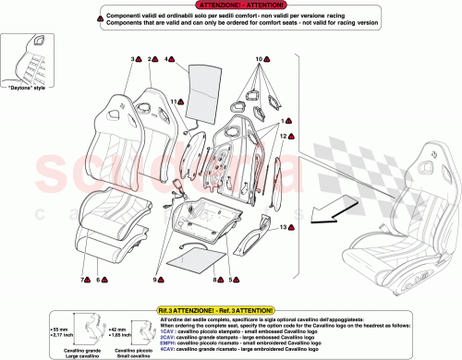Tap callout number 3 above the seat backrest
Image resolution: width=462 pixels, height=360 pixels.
[x=133, y=58]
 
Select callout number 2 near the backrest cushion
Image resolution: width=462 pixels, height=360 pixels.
[x=149, y=58]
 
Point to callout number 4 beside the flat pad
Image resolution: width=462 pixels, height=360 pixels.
[x=170, y=58]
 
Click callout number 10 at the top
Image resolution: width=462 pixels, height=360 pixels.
[x=258, y=58]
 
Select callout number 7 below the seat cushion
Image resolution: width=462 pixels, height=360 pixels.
[x=82, y=279]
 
